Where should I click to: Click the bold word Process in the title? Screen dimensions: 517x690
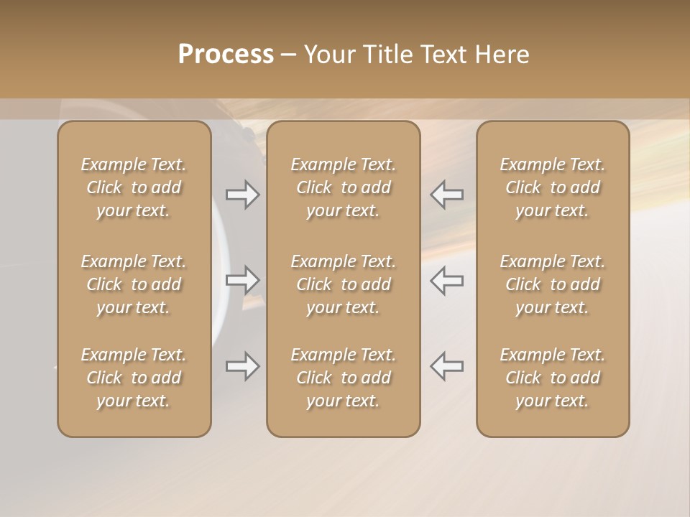[226, 55]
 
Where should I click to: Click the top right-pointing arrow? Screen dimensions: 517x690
[243, 195]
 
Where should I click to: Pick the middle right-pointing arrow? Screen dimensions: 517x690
[243, 280]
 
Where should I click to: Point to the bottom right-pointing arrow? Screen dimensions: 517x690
[243, 366]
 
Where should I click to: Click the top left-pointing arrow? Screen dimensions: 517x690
[446, 195]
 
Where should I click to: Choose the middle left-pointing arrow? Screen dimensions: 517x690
[446, 280]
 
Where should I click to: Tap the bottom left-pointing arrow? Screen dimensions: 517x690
[446, 366]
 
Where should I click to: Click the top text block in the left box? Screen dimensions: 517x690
[134, 187]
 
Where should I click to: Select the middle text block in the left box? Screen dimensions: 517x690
[134, 284]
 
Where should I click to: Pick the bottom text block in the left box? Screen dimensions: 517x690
[134, 378]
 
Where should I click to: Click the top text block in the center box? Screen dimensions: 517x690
[344, 187]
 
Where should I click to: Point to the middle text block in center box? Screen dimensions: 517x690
[344, 284]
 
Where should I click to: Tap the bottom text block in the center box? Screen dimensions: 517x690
[344, 378]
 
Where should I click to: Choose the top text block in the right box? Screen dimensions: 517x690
[553, 187]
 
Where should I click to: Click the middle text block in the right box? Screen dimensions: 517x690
[553, 284]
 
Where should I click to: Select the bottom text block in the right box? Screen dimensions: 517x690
[553, 378]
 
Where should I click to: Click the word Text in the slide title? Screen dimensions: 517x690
[441, 55]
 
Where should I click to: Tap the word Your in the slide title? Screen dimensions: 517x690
[328, 55]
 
